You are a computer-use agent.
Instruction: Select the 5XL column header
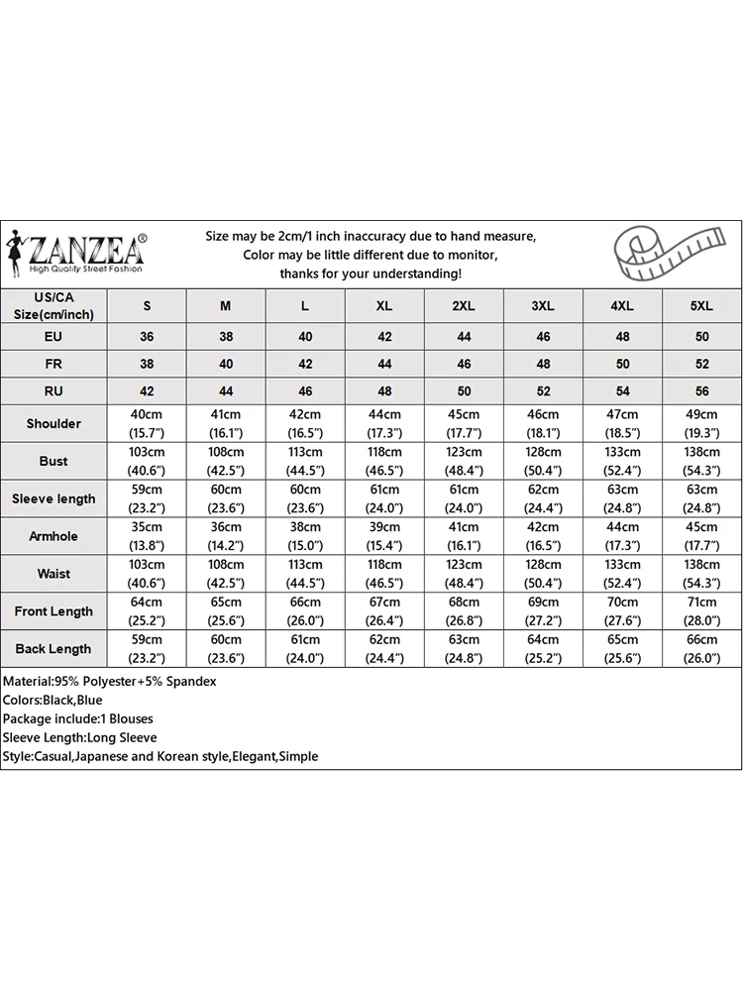pyautogui.click(x=701, y=306)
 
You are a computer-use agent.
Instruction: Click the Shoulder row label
pyautogui.click(x=53, y=423)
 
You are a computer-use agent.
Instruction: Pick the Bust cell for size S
pyautogui.click(x=147, y=461)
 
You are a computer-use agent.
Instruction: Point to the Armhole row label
pyautogui.click(x=53, y=536)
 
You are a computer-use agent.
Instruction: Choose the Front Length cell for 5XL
pyautogui.click(x=701, y=611)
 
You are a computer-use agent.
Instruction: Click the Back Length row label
pyautogui.click(x=53, y=649)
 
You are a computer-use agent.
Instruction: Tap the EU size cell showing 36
pyautogui.click(x=147, y=337)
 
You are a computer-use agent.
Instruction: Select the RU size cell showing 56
pyautogui.click(x=701, y=391)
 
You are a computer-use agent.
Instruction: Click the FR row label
pyautogui.click(x=53, y=365)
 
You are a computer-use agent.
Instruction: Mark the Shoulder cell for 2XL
pyautogui.click(x=464, y=423)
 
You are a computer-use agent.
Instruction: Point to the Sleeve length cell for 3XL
pyautogui.click(x=543, y=498)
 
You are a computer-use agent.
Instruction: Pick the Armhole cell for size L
pyautogui.click(x=305, y=536)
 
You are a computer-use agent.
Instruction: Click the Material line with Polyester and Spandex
pyautogui.click(x=110, y=682)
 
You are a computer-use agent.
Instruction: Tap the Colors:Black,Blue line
pyautogui.click(x=53, y=701)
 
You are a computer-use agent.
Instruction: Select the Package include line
pyautogui.click(x=78, y=718)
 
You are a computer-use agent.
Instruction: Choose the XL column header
pyautogui.click(x=384, y=306)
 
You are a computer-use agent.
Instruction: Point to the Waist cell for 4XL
pyautogui.click(x=622, y=574)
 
